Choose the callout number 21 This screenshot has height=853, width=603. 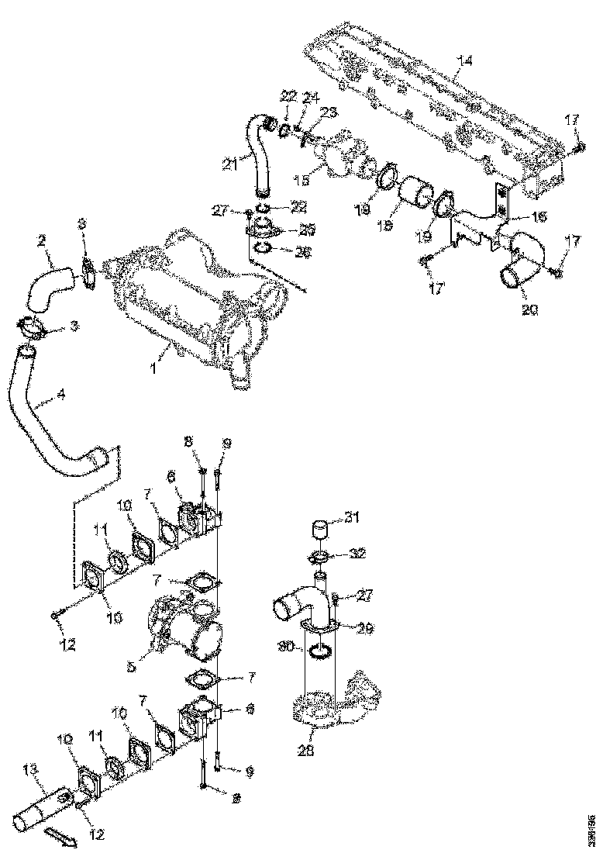pyautogui.click(x=229, y=164)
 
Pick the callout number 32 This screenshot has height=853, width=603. pyautogui.click(x=359, y=554)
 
